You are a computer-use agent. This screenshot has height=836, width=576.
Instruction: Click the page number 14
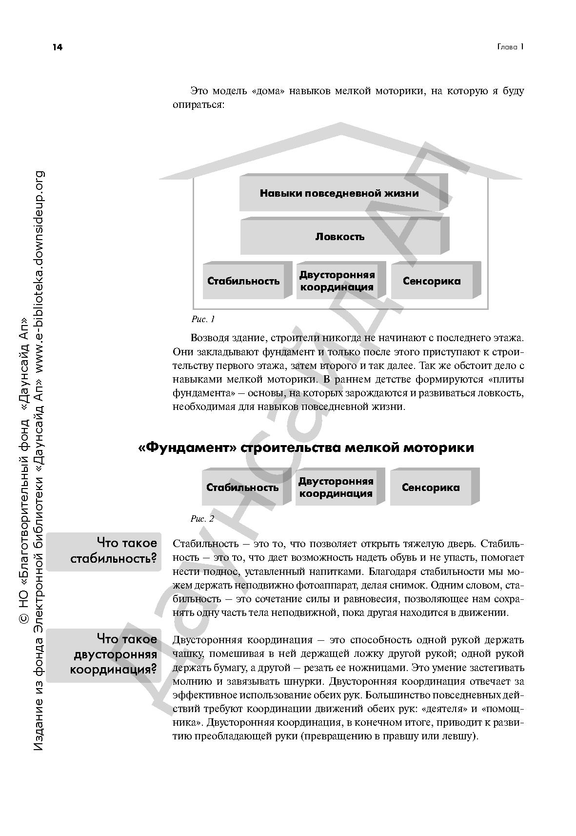[58, 47]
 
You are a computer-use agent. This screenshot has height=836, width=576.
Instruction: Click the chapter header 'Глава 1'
[510, 47]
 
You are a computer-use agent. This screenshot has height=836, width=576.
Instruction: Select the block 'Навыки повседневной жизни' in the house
[339, 193]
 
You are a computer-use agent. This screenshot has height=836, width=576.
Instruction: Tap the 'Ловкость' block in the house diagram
[340, 237]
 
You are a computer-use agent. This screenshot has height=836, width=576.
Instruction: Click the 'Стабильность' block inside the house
[243, 281]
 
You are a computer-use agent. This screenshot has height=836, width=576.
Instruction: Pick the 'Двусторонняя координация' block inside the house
[337, 281]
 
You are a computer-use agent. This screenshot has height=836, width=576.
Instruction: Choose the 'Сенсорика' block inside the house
[432, 281]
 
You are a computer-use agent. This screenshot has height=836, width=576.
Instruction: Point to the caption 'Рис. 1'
[203, 320]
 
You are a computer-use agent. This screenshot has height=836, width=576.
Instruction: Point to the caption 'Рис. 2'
[202, 519]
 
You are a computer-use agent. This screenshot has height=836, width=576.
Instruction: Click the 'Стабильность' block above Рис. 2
[242, 488]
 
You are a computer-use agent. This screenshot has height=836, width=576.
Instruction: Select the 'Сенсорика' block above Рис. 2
[431, 488]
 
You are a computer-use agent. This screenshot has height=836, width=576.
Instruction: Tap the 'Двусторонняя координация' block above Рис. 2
[336, 488]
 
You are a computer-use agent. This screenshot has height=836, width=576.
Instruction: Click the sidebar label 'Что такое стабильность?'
[113, 551]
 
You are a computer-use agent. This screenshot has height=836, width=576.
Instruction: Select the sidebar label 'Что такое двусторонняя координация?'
[113, 654]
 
